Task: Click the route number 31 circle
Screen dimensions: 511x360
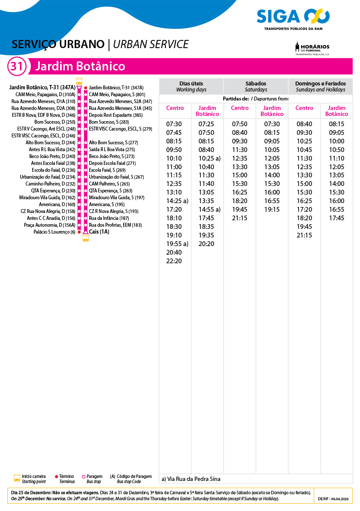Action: [16, 67]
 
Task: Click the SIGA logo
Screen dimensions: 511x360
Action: [293, 18]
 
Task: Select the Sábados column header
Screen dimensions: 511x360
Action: [256, 86]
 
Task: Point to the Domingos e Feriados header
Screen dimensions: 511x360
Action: [320, 86]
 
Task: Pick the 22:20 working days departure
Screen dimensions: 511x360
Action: [174, 261]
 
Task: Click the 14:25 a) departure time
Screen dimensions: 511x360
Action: [177, 201]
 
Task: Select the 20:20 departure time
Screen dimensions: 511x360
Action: [206, 244]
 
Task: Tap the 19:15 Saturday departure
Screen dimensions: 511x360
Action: [272, 210]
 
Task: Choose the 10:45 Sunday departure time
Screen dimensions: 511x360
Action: [304, 150]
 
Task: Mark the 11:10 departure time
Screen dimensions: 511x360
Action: [336, 158]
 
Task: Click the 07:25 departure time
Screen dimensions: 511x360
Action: [206, 124]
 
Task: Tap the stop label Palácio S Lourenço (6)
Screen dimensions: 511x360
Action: [54, 232]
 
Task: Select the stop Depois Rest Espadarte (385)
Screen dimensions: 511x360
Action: [115, 115]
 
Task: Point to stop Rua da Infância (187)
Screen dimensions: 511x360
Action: [109, 218]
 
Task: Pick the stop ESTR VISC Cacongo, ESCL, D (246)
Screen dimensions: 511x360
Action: [43, 136]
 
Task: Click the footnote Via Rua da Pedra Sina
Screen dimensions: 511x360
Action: [191, 479]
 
